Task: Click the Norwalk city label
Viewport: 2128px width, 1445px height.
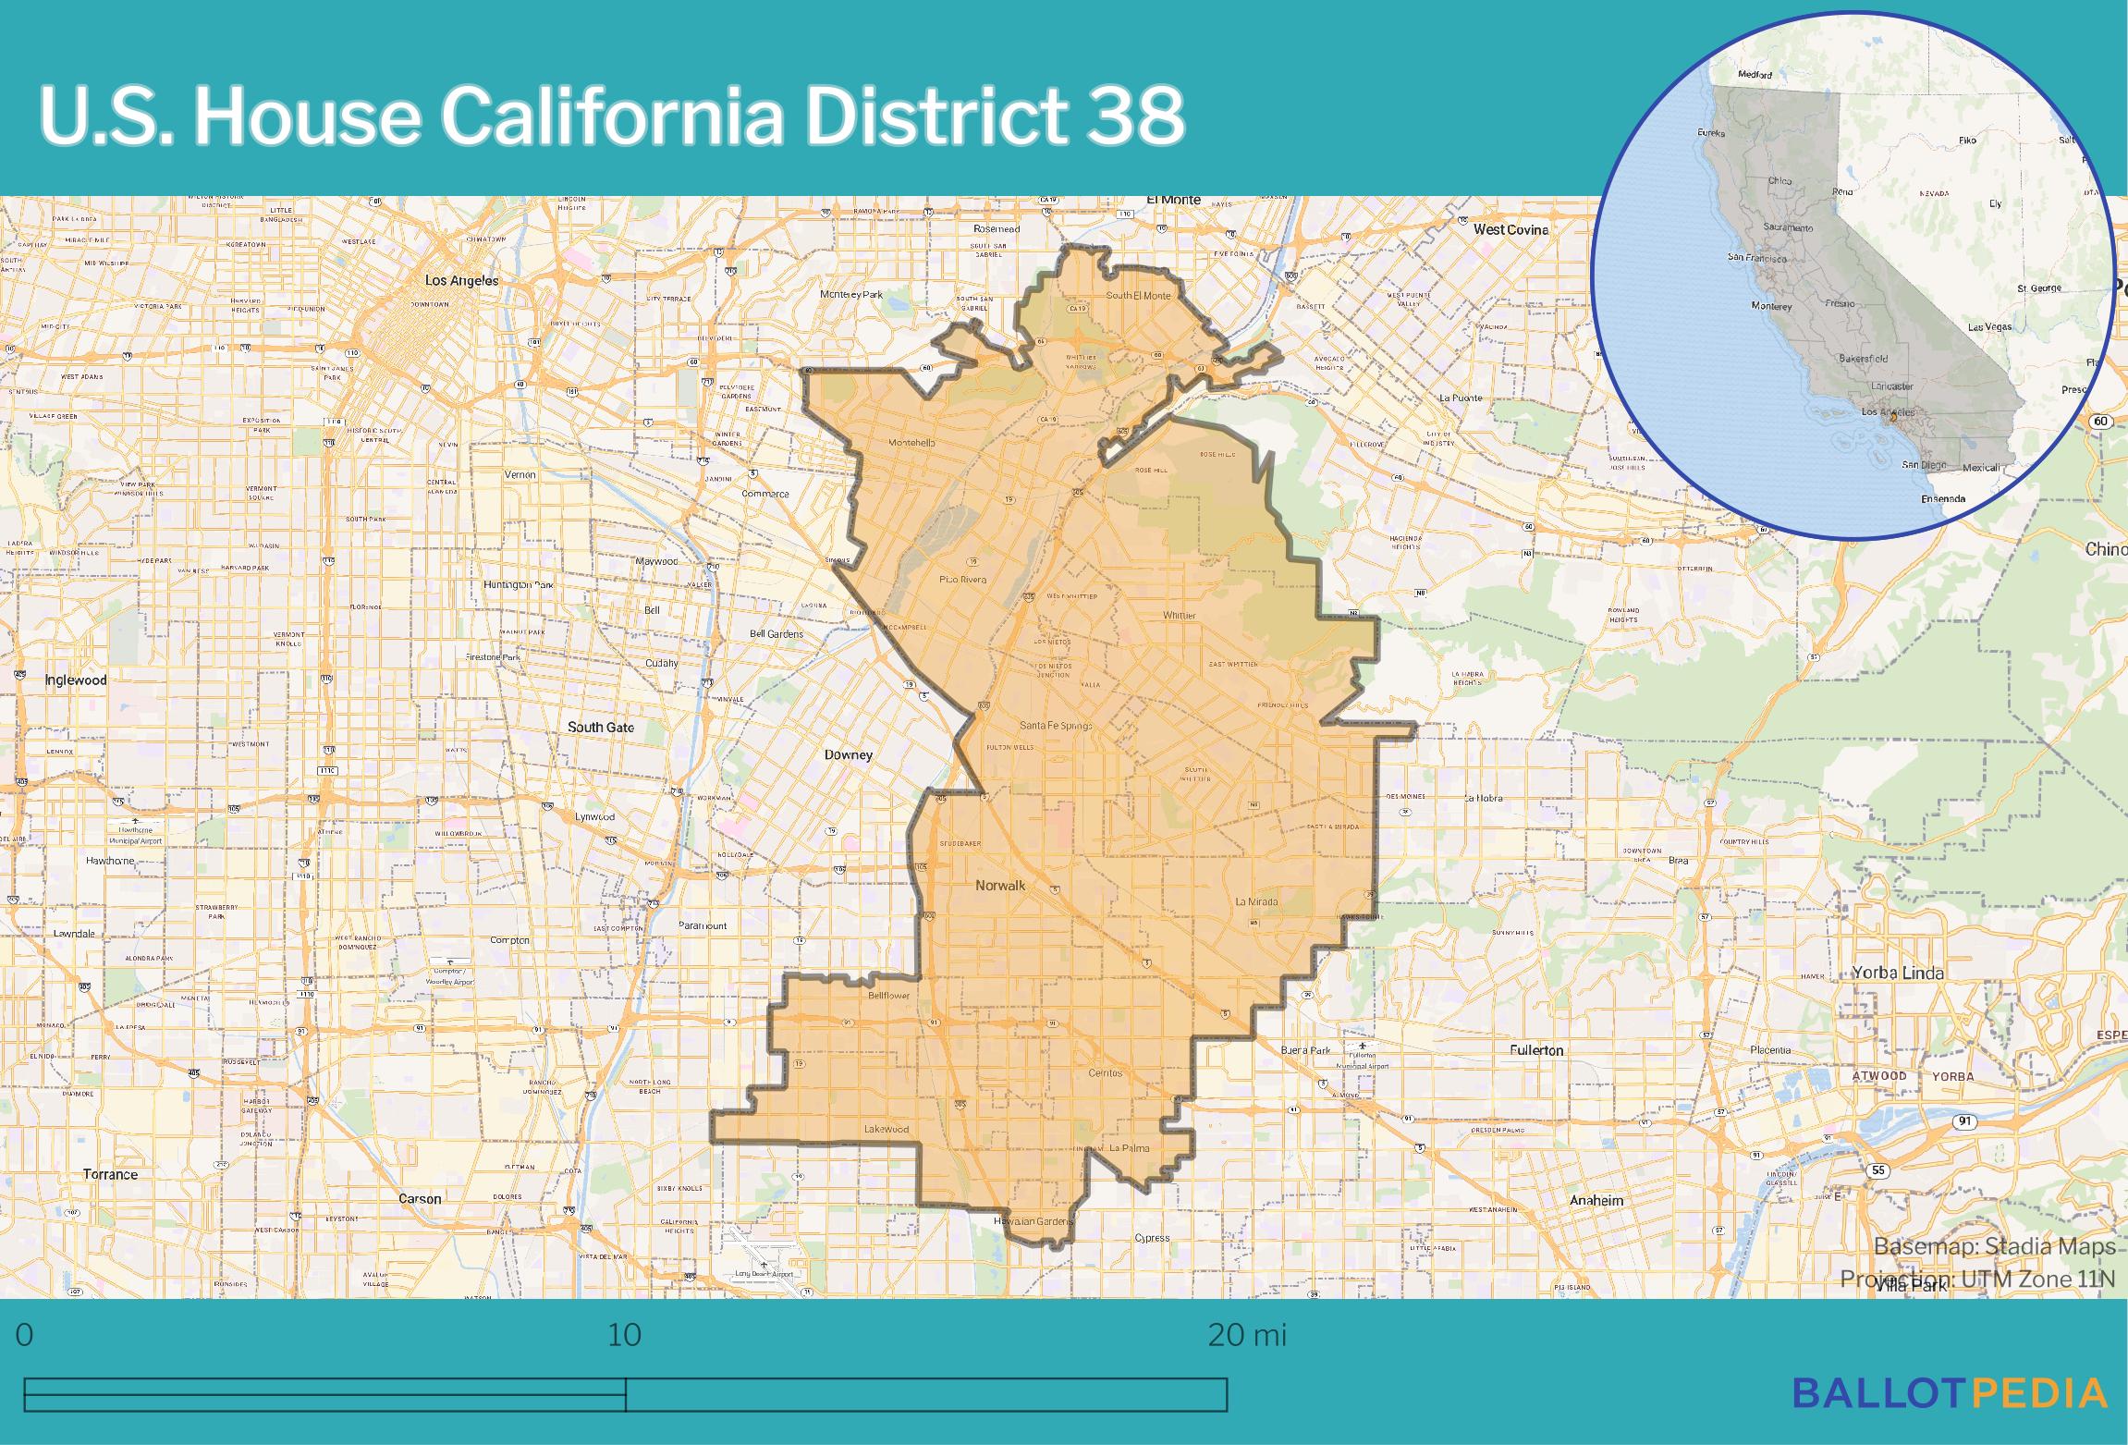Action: (x=1000, y=886)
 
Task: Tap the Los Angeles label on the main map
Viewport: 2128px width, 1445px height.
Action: (x=461, y=280)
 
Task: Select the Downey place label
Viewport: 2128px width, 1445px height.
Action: (x=848, y=755)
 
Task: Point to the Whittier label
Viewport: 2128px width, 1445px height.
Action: (x=1179, y=616)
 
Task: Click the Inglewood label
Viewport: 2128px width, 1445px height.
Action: (x=76, y=680)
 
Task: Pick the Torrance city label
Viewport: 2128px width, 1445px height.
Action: (x=110, y=1175)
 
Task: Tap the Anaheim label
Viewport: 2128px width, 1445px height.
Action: (x=1596, y=1201)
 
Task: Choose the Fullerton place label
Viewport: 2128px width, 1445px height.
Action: (x=1536, y=1050)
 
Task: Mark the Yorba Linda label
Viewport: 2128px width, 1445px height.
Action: (x=1898, y=973)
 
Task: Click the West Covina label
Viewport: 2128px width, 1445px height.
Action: (x=1510, y=229)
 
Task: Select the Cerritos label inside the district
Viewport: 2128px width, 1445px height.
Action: (x=1105, y=1073)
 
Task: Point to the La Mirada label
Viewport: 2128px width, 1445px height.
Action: (x=1256, y=901)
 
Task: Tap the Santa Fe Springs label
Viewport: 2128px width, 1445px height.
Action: (x=1055, y=726)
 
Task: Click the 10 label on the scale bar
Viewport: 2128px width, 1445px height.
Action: (x=625, y=1336)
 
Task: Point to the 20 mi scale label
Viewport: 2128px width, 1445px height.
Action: (x=1247, y=1336)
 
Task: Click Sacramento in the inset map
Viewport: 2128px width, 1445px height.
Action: (x=1787, y=227)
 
